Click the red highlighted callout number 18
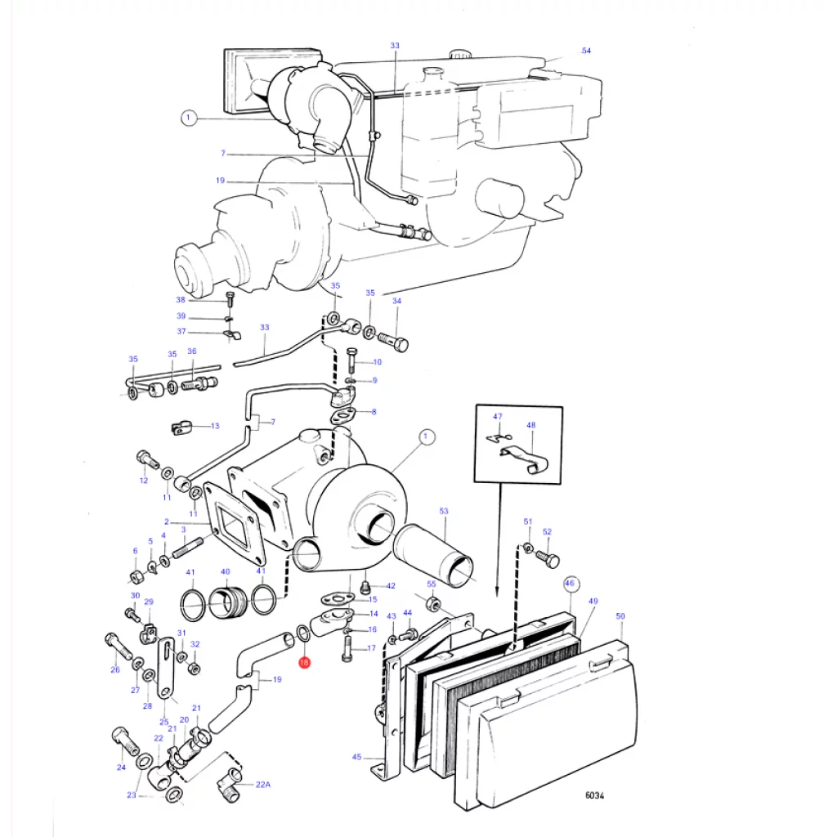pyautogui.click(x=304, y=662)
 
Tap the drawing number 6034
pyautogui.click(x=594, y=795)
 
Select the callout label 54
pyautogui.click(x=586, y=51)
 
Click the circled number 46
pyautogui.click(x=570, y=583)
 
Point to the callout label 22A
pyautogui.click(x=262, y=784)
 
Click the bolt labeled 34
pyautogui.click(x=394, y=341)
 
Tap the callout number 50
pyautogui.click(x=620, y=616)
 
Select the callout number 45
pyautogui.click(x=356, y=757)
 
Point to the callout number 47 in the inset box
pyautogui.click(x=498, y=416)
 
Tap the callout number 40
pyautogui.click(x=226, y=571)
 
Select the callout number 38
pyautogui.click(x=181, y=299)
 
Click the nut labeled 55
pyautogui.click(x=433, y=604)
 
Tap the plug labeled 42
pyautogui.click(x=366, y=588)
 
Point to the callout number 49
pyautogui.click(x=593, y=601)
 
